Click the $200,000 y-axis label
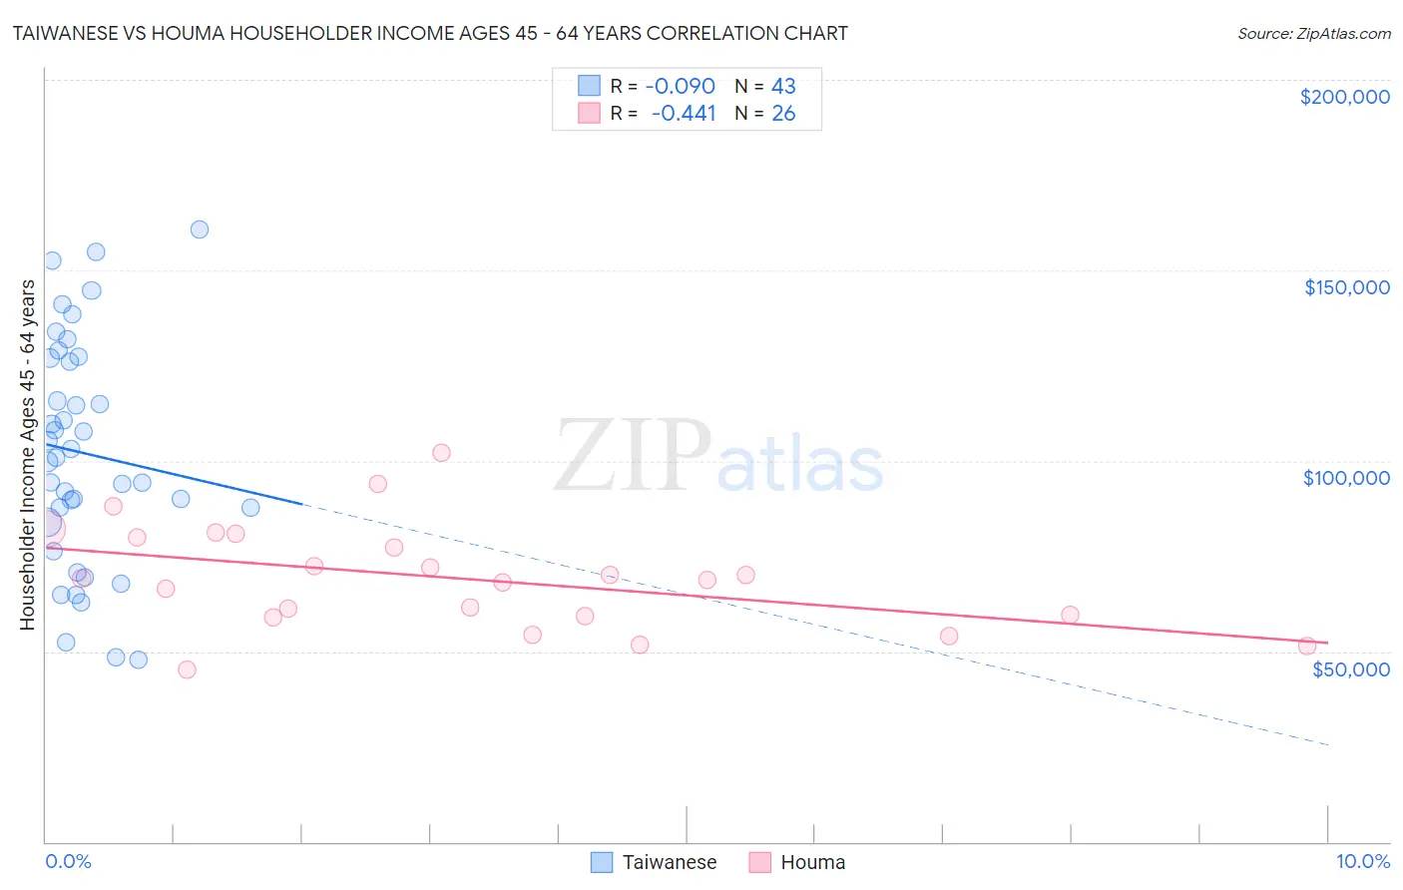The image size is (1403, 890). click(x=1344, y=97)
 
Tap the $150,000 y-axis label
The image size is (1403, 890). click(x=1346, y=287)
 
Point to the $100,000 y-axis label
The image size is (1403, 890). click(x=1346, y=478)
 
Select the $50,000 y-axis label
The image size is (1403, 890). click(x=1350, y=668)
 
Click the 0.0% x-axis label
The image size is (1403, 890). click(x=68, y=861)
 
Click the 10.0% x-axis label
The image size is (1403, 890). click(x=1362, y=861)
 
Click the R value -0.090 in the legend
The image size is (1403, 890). click(x=680, y=87)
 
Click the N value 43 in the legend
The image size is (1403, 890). click(x=783, y=87)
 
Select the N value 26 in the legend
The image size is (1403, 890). click(x=783, y=114)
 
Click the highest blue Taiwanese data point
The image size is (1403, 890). click(x=200, y=229)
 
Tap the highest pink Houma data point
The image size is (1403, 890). click(x=441, y=453)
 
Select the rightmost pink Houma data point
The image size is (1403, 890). click(x=1307, y=646)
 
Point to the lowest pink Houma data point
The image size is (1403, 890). click(x=187, y=669)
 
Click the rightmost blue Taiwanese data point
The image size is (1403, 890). click(x=250, y=508)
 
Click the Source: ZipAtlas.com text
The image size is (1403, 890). click(x=1313, y=34)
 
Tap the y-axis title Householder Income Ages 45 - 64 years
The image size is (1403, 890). click(x=28, y=455)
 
